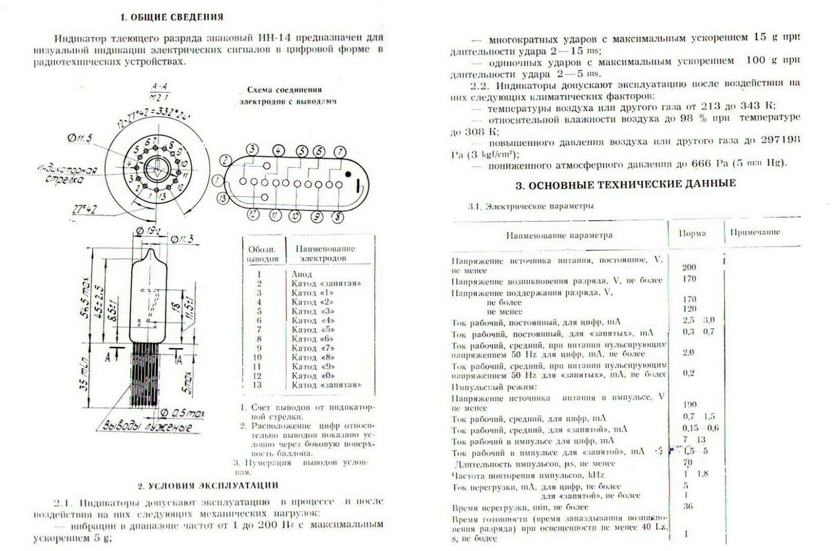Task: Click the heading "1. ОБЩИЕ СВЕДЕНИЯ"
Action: (x=172, y=17)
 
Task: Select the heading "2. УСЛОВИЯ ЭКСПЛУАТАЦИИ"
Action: (x=208, y=485)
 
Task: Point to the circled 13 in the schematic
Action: (x=224, y=198)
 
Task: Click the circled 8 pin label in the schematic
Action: (x=338, y=216)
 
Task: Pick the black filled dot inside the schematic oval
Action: (x=348, y=174)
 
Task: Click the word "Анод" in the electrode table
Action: (x=302, y=274)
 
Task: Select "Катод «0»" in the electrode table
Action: (x=313, y=375)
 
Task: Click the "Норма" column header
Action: (x=692, y=233)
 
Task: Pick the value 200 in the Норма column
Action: (x=688, y=267)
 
